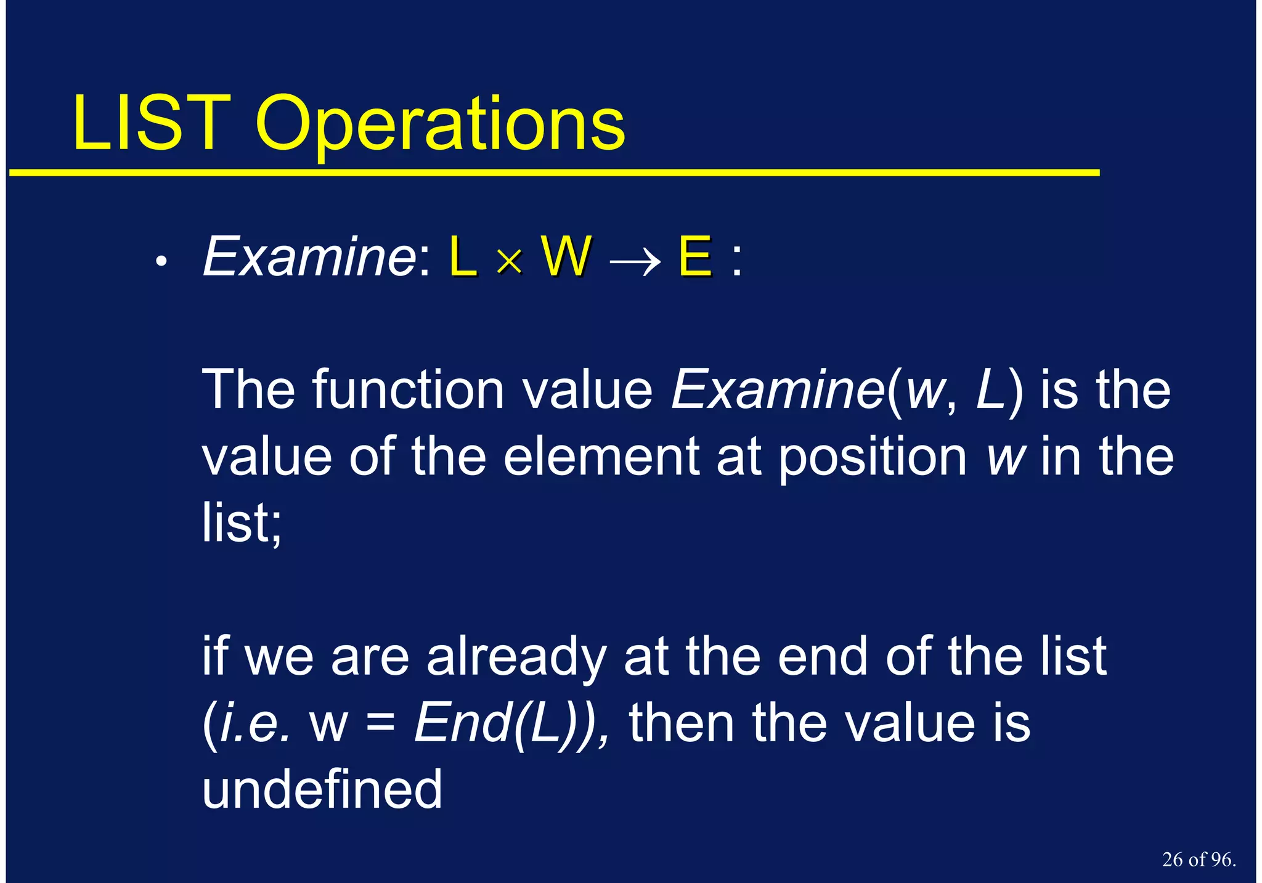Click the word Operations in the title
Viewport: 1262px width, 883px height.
pos(440,126)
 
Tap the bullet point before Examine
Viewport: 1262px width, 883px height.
pos(161,262)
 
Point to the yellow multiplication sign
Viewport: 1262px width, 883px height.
pos(509,262)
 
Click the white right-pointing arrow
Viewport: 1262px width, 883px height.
pos(635,262)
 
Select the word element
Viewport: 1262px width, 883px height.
pos(601,457)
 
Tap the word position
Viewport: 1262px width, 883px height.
pos(873,459)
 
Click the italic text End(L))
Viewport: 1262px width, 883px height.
pos(511,723)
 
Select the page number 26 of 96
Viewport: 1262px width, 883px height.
pos(1199,860)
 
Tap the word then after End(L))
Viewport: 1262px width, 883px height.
pos(681,723)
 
